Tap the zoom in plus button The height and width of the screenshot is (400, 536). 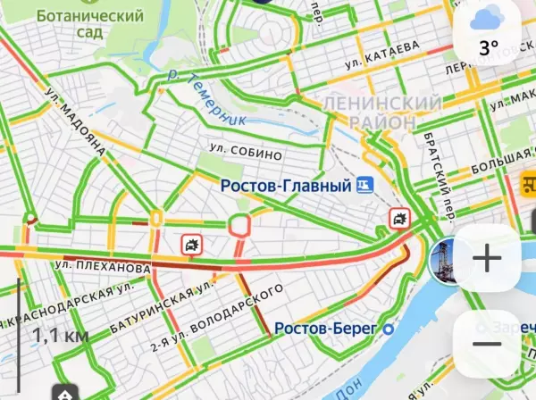pos(487,260)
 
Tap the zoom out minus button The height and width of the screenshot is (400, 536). pos(487,345)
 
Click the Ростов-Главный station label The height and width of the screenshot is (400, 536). pos(285,185)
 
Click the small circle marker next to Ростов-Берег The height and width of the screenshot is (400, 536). pos(389,329)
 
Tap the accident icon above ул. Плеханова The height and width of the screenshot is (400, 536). pos(191,245)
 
